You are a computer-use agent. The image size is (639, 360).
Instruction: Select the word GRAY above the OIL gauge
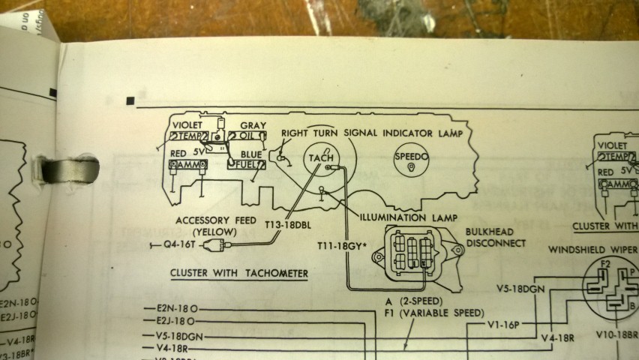tap(253, 125)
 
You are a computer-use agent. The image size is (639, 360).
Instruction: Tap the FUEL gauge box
tap(247, 162)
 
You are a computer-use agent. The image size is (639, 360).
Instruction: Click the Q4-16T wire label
tap(181, 244)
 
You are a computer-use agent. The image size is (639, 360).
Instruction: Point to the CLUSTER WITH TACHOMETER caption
tap(238, 274)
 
